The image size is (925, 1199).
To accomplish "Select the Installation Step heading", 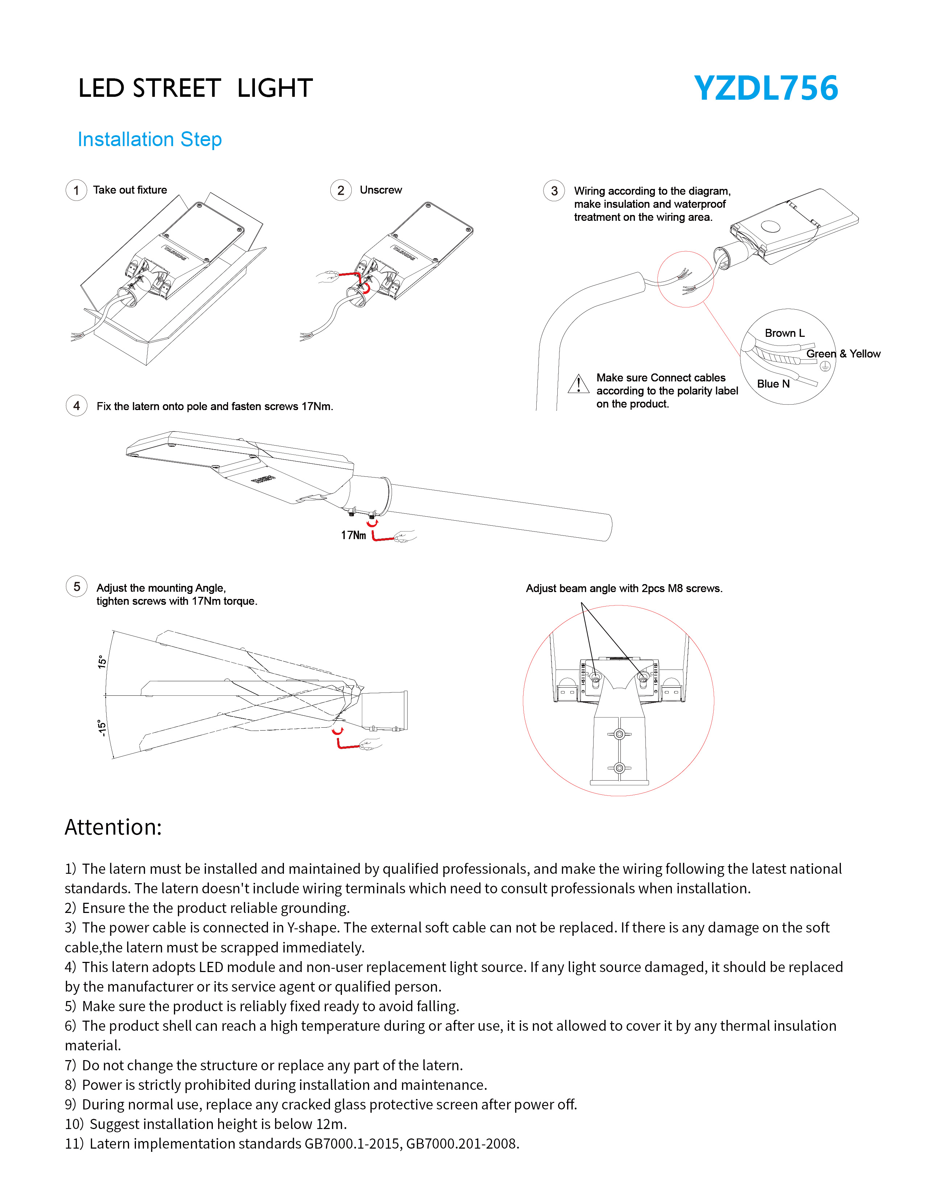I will [149, 140].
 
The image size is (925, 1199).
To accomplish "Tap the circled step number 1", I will [76, 190].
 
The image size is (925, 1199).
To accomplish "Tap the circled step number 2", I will [340, 190].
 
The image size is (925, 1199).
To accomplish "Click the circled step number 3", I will [554, 191].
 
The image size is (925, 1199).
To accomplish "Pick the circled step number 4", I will [76, 406].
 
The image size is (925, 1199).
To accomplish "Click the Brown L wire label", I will [784, 333].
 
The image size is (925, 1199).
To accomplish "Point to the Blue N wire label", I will [773, 384].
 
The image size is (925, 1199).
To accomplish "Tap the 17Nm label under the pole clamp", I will [353, 535].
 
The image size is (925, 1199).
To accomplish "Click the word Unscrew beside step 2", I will [380, 190].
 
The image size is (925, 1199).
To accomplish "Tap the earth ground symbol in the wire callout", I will [825, 366].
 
